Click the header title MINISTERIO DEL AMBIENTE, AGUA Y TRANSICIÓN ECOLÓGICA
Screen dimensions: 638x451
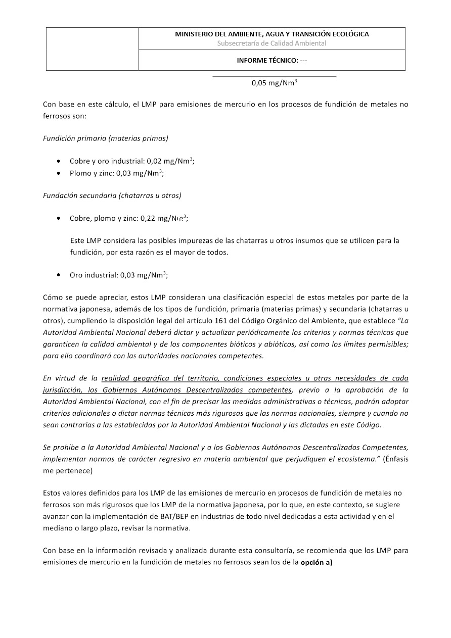point(272,34)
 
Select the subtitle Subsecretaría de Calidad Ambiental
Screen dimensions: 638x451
point(272,43)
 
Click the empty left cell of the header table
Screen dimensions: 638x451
point(93,49)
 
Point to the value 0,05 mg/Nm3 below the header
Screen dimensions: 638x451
point(274,84)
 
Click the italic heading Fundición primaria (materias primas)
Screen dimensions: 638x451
point(106,138)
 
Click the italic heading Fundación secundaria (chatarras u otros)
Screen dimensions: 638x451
point(112,195)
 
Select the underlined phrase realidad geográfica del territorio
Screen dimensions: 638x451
point(159,378)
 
